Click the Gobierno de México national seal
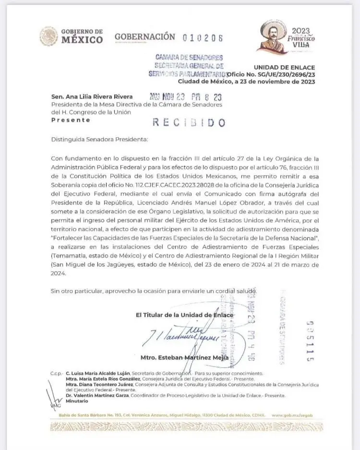point(48,36)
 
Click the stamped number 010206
point(203,37)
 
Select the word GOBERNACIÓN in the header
point(145,36)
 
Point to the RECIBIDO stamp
point(189,122)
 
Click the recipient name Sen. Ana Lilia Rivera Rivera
point(92,97)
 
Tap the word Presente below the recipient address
point(71,120)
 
